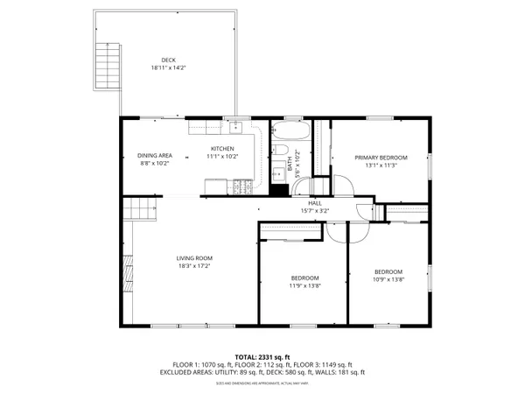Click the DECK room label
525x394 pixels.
(x=168, y=60)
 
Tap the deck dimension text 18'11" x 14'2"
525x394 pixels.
(x=168, y=67)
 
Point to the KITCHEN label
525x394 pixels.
(x=222, y=149)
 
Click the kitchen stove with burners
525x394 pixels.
(x=242, y=186)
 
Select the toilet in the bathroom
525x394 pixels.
(x=278, y=169)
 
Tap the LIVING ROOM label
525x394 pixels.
(x=194, y=257)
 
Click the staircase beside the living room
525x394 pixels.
(x=139, y=209)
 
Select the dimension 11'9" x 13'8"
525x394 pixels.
(x=305, y=285)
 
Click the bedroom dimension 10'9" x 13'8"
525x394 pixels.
(x=388, y=279)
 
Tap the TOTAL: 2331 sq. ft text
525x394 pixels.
(x=262, y=357)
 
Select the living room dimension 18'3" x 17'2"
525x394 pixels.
(x=194, y=265)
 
